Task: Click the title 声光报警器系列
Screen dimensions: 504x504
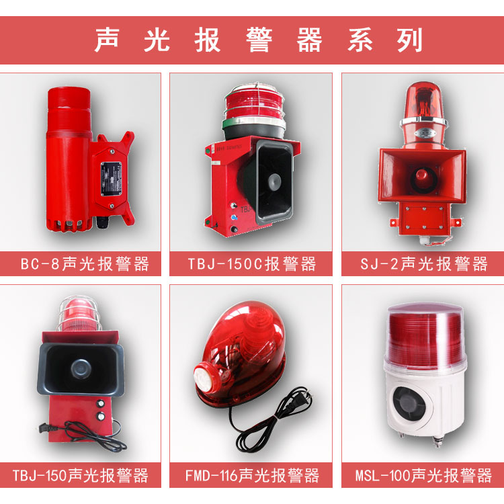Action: [259, 40]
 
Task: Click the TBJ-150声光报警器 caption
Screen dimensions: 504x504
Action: [83, 476]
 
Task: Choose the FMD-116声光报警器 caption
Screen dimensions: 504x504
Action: [251, 476]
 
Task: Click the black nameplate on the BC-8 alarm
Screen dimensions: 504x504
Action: [111, 175]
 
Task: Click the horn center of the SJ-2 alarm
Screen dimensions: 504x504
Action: [422, 175]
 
